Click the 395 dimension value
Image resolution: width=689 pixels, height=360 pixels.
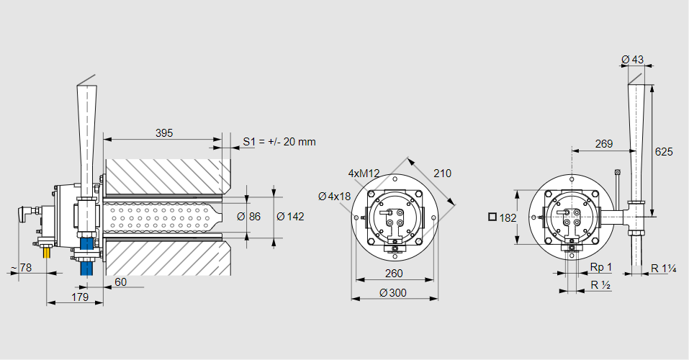(x=164, y=133)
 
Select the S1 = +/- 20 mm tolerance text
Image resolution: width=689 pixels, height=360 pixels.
(x=279, y=142)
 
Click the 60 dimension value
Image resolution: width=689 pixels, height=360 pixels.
(x=120, y=282)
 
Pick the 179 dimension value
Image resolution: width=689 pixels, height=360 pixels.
(x=80, y=297)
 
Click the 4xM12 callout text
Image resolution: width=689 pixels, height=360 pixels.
(x=364, y=174)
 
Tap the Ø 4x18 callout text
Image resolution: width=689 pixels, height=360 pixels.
(x=334, y=196)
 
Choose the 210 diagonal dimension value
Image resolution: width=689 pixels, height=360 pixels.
(x=442, y=174)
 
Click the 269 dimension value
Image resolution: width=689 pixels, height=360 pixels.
(x=604, y=144)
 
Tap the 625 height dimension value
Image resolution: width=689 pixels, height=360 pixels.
(x=664, y=152)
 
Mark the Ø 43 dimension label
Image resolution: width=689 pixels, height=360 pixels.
(x=632, y=58)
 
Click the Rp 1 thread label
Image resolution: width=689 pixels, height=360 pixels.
(x=600, y=267)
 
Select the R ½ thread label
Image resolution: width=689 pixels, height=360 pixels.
(x=600, y=285)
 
